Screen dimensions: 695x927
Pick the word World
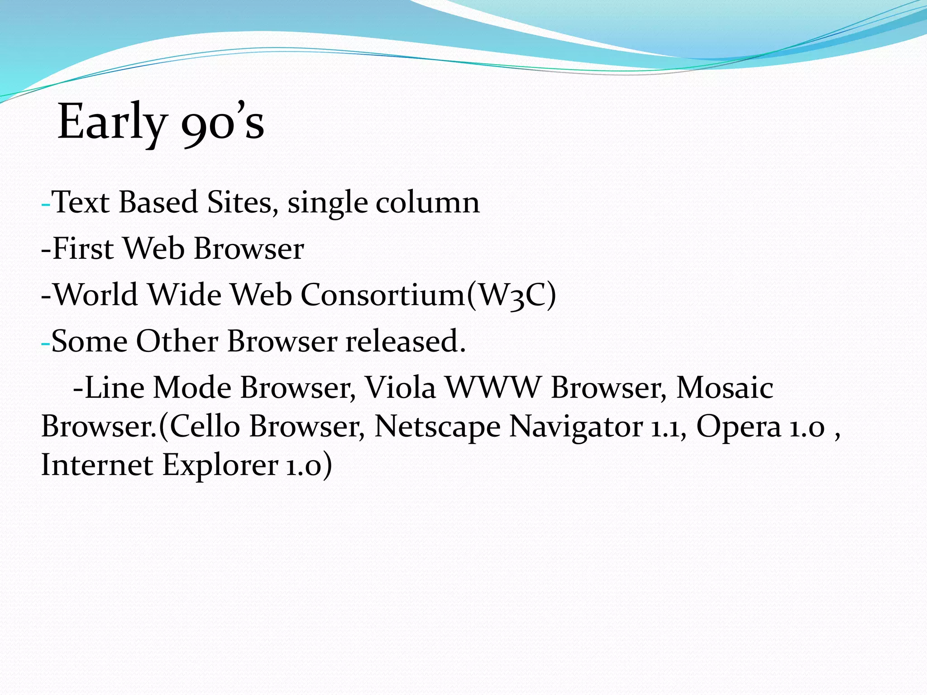tap(96, 295)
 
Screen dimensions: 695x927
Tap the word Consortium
tap(383, 295)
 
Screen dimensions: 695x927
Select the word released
tap(406, 341)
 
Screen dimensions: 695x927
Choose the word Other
tap(177, 341)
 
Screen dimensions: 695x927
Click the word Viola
tap(400, 388)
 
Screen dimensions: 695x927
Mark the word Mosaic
tap(724, 388)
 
